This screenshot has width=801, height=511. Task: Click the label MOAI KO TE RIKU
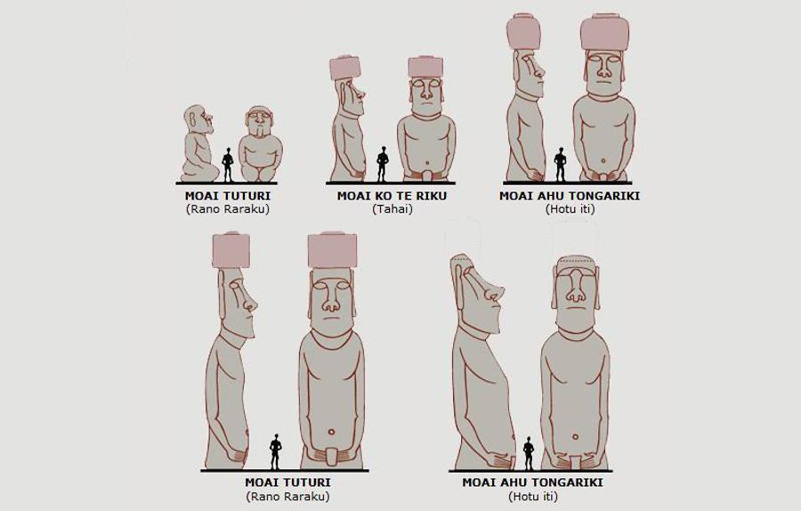coord(392,196)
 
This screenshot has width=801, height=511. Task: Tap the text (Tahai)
coord(392,209)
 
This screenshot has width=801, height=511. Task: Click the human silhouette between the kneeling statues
coord(229,164)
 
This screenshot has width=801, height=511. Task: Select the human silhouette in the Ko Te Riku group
coord(383,164)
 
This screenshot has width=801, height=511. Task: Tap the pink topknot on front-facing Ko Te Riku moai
coord(425,67)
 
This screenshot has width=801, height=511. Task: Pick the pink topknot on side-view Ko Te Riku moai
coord(345,68)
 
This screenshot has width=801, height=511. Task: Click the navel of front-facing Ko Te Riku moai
coord(425,166)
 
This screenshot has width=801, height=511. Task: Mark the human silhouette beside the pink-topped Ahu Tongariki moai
coord(561,164)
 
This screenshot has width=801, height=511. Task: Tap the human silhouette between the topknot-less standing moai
coord(529,452)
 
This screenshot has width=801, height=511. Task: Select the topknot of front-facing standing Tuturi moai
coord(332,250)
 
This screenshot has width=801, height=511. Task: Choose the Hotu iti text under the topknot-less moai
coord(532,496)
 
